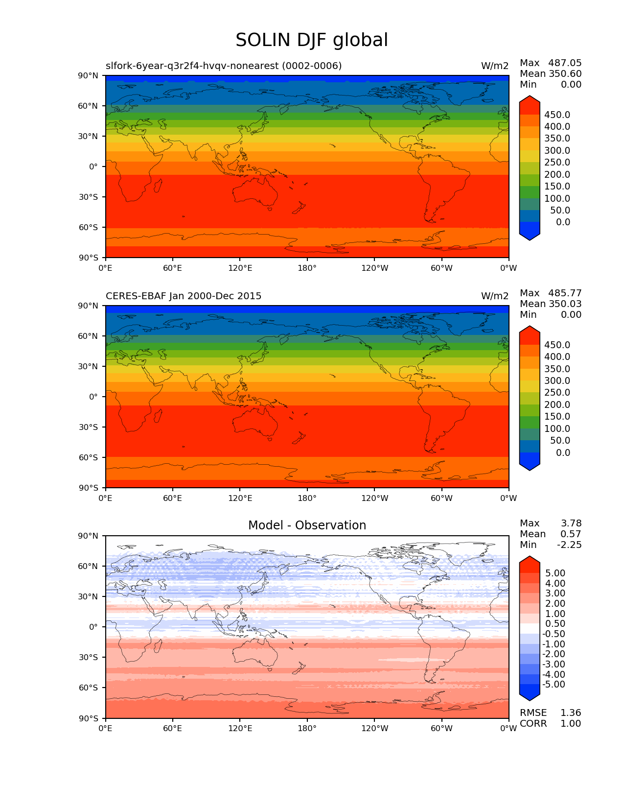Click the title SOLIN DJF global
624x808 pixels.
[x=312, y=40]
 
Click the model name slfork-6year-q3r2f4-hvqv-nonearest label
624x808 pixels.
[x=224, y=66]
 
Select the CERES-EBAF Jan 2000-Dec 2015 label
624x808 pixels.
[x=184, y=296]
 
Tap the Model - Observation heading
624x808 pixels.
[x=307, y=525]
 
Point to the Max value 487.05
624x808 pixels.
[x=565, y=63]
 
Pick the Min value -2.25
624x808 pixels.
[x=569, y=545]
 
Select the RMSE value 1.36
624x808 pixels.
[x=571, y=713]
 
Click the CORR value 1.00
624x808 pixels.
[x=571, y=724]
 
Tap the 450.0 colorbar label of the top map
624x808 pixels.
[x=557, y=115]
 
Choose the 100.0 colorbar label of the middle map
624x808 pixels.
[x=557, y=429]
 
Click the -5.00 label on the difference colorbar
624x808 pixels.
[x=554, y=685]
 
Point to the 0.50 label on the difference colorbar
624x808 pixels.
[x=555, y=624]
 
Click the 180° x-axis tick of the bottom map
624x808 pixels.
[x=307, y=729]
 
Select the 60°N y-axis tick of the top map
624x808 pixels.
[x=88, y=106]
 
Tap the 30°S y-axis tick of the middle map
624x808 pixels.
[x=89, y=428]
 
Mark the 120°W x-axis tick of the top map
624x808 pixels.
[x=375, y=268]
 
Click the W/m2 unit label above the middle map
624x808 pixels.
[x=495, y=296]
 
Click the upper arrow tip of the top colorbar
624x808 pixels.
[x=530, y=96]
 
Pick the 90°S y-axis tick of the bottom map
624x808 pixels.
[x=89, y=718]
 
